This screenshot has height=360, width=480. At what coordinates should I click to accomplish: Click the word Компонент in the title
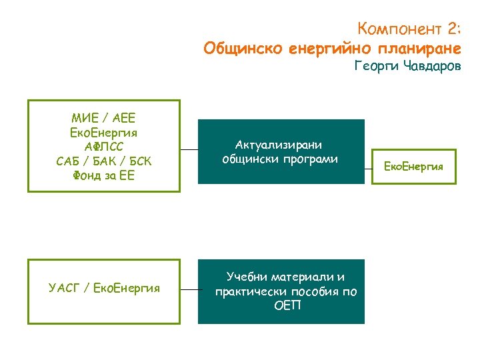click(399, 29)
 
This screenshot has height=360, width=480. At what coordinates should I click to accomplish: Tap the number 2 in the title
click(452, 29)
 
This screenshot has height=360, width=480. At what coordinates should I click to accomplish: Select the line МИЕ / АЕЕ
click(103, 118)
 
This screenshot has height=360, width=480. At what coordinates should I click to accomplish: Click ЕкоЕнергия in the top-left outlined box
click(103, 133)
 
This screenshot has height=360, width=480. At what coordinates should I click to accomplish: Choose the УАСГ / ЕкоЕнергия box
click(104, 289)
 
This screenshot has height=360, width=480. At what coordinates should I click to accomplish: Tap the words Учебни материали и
click(285, 277)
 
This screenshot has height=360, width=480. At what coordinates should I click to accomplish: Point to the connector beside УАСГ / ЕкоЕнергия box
click(191, 290)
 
